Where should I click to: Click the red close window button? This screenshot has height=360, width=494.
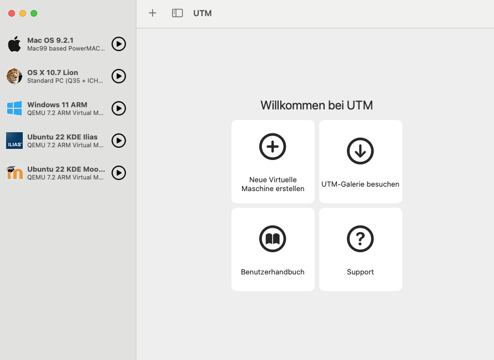click(12, 13)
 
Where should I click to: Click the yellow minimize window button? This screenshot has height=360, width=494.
click(23, 13)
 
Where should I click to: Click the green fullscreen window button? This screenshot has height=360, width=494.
click(34, 13)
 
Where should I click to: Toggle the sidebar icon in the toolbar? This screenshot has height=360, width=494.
click(178, 13)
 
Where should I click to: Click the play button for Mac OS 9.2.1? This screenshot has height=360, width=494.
click(119, 44)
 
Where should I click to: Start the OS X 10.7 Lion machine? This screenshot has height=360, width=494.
click(119, 76)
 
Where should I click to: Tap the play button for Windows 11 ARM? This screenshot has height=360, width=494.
click(119, 108)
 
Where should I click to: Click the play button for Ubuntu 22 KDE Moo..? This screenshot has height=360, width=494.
click(119, 173)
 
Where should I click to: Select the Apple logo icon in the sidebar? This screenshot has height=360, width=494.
click(14, 44)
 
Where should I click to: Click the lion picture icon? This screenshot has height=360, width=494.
click(14, 76)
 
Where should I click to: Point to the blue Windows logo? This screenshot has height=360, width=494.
click(14, 108)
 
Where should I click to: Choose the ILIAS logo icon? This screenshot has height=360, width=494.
click(14, 141)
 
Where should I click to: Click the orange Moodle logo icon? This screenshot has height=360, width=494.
click(14, 172)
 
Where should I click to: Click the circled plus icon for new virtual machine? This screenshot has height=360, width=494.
click(273, 147)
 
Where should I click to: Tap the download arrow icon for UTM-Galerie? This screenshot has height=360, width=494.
click(360, 151)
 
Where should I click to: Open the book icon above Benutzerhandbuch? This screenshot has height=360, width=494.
click(273, 239)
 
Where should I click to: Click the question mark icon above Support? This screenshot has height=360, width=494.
click(360, 239)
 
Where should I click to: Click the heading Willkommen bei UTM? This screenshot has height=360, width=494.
click(316, 106)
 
